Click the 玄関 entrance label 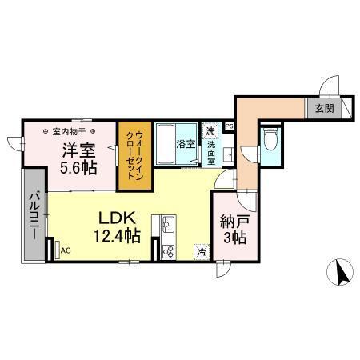(324, 108)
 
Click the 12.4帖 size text (118, 235)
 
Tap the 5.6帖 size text (80, 169)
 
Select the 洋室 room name (80, 150)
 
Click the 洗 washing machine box (210, 130)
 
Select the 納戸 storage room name (234, 223)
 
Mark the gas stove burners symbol (169, 251)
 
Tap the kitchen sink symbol (168, 223)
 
